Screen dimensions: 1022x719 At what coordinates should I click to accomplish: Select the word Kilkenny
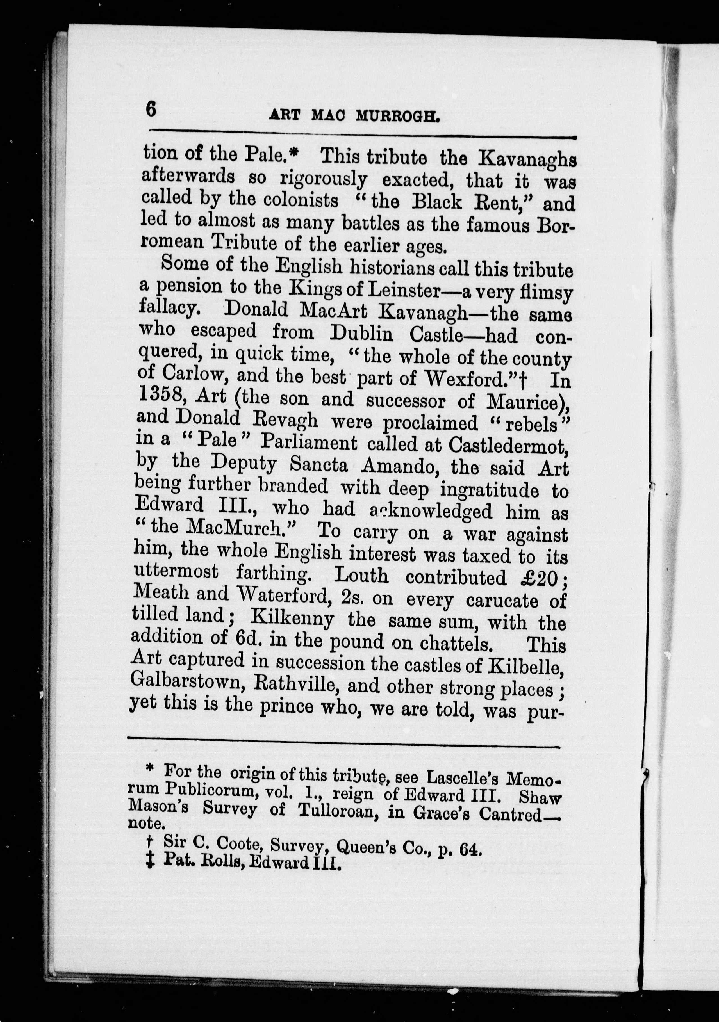tap(292, 619)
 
